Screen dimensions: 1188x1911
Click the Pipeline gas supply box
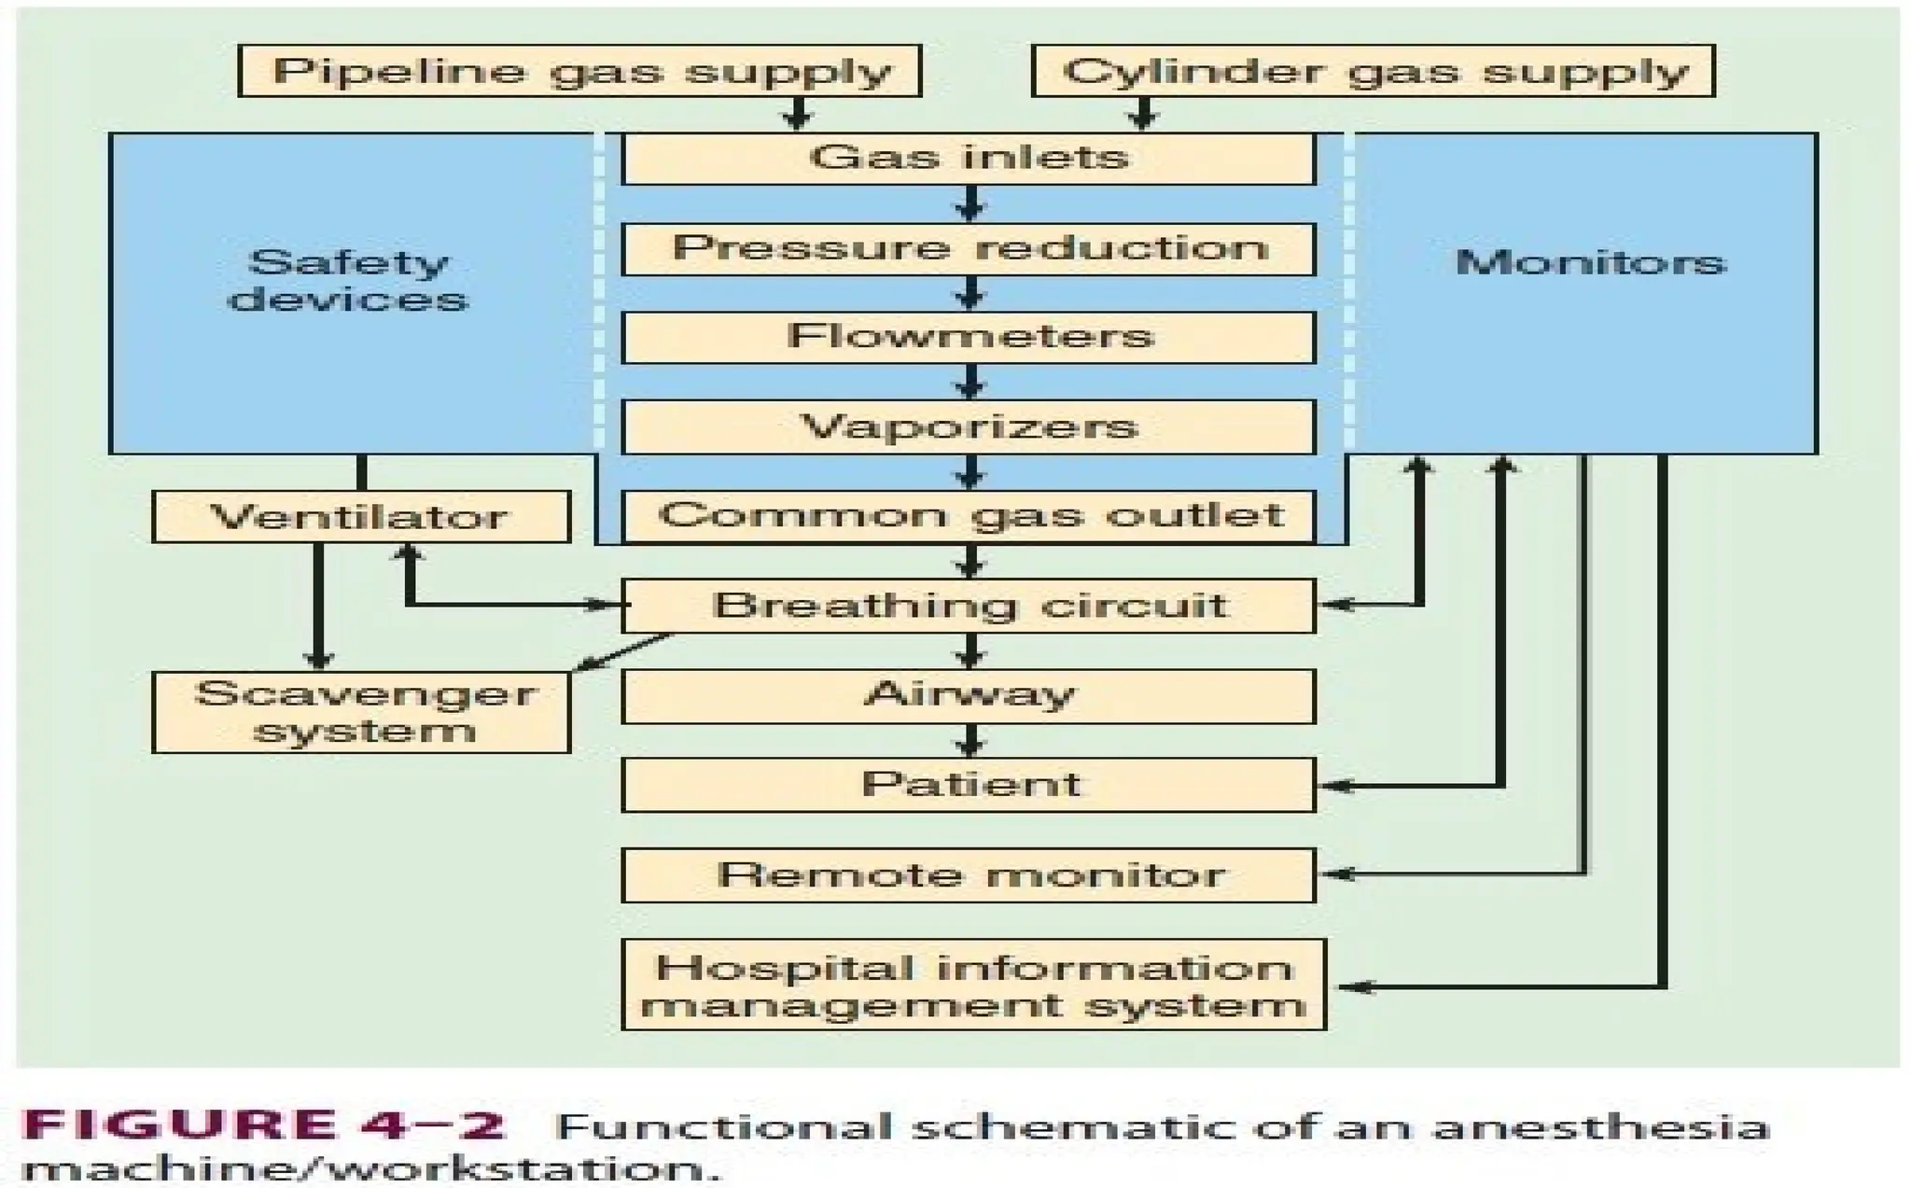click(579, 71)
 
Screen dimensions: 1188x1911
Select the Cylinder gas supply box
click(1373, 71)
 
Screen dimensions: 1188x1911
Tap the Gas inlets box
click(969, 158)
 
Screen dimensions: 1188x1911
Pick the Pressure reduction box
click(969, 248)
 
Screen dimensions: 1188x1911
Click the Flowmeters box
click(969, 337)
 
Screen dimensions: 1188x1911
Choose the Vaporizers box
click(969, 426)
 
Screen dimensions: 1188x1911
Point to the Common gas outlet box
click(969, 516)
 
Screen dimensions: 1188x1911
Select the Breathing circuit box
click(969, 606)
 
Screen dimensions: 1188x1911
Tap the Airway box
click(969, 695)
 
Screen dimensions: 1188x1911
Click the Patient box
click(969, 784)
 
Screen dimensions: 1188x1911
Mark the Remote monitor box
click(969, 874)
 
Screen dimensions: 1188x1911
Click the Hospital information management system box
click(973, 985)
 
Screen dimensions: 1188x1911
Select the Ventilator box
click(361, 517)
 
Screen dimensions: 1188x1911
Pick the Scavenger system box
click(361, 711)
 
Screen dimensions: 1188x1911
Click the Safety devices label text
click(348, 280)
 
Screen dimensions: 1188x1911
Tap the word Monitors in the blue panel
click(1590, 262)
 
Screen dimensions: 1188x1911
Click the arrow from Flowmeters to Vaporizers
click(970, 381)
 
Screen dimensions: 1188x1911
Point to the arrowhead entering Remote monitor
click(1334, 874)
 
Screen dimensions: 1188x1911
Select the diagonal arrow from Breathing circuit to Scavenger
click(623, 651)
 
